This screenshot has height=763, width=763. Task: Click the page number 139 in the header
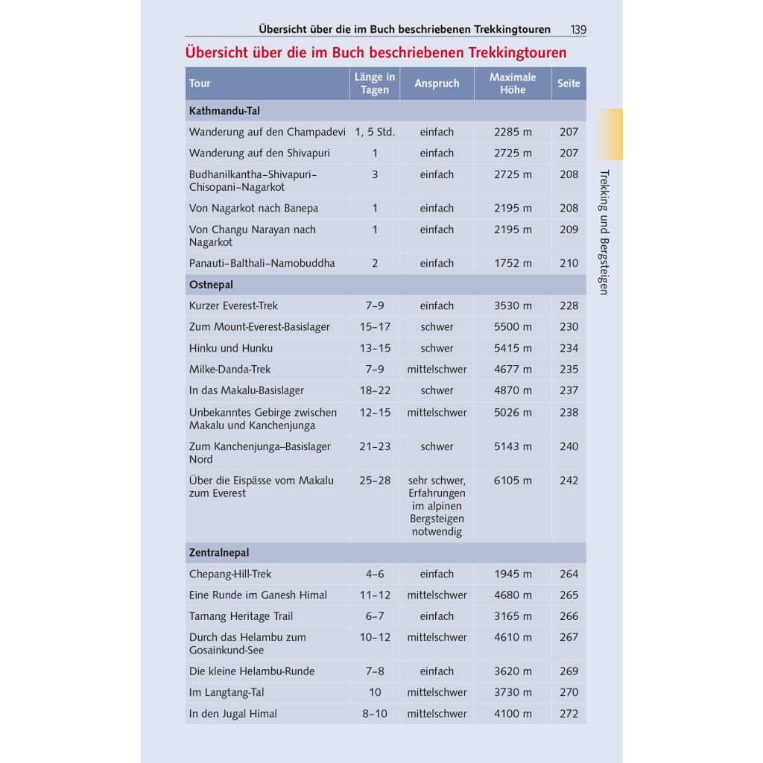pos(578,30)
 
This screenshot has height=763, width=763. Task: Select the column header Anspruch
pos(437,83)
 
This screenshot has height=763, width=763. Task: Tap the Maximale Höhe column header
pos(513,83)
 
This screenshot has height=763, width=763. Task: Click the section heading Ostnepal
pos(212,285)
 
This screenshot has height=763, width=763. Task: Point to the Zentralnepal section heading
pos(219,553)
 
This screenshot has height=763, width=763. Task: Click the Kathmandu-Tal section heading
pos(224,110)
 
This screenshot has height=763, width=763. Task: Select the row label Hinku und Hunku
pos(231,348)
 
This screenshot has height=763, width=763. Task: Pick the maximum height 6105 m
pos(513,481)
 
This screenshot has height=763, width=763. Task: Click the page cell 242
pos(569,481)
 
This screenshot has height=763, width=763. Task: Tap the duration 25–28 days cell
pos(375,481)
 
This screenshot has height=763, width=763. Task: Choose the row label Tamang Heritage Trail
pos(241,616)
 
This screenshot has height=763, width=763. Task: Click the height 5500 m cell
pos(513,326)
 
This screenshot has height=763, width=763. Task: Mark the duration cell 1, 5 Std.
pos(375,132)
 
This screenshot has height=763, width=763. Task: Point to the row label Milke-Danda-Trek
pos(230,369)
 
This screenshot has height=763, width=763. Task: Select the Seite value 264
pos(569,574)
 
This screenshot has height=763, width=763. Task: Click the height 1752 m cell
pos(513,263)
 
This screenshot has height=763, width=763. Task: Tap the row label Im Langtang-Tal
pos(227,692)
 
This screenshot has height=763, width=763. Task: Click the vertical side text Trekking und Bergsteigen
pos(604,232)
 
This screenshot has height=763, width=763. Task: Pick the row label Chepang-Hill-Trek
pos(230,574)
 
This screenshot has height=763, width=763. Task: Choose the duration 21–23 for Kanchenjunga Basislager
pos(375,446)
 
